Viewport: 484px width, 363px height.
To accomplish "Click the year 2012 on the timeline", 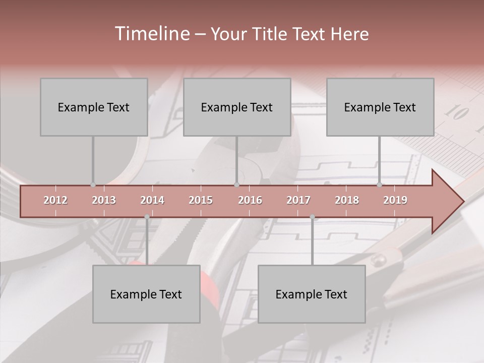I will pyautogui.click(x=55, y=200).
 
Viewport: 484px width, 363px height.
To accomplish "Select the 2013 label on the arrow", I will pyautogui.click(x=104, y=200).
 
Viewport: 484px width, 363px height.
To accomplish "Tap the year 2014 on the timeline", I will pyautogui.click(x=152, y=200).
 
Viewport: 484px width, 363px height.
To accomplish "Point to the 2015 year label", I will pyautogui.click(x=201, y=200).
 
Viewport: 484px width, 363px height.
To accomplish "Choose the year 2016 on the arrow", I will pyautogui.click(x=250, y=200).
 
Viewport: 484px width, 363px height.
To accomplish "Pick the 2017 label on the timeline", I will pyautogui.click(x=298, y=200).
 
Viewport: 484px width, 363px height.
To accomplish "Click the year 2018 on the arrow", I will pyautogui.click(x=347, y=200).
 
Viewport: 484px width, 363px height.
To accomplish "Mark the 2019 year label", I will pyautogui.click(x=395, y=200).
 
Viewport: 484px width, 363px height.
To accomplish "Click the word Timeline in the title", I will pyautogui.click(x=151, y=34).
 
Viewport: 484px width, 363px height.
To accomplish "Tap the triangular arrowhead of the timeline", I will pyautogui.click(x=447, y=202).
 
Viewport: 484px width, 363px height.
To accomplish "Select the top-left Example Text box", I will pyautogui.click(x=94, y=107).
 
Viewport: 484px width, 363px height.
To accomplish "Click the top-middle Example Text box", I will pyautogui.click(x=237, y=107).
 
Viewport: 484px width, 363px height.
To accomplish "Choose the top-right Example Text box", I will pyautogui.click(x=380, y=107).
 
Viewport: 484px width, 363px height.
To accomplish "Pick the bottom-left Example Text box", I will pyautogui.click(x=146, y=294).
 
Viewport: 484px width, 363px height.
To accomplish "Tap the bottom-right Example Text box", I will pyautogui.click(x=312, y=294).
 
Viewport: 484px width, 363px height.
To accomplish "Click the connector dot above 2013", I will pyautogui.click(x=93, y=185).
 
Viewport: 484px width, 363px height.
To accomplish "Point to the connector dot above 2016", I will pyautogui.click(x=236, y=185).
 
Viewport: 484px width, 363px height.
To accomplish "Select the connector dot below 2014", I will pyautogui.click(x=147, y=217).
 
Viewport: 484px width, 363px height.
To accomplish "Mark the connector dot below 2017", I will pyautogui.click(x=312, y=217).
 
